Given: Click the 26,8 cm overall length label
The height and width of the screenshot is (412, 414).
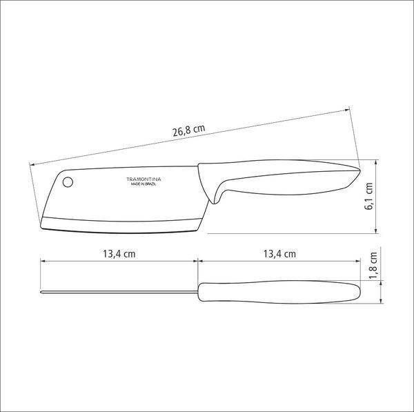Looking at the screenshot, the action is point(189,130).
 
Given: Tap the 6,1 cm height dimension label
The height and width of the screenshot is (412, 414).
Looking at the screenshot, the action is point(368,196).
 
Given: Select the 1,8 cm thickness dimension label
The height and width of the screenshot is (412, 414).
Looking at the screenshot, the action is point(373,265).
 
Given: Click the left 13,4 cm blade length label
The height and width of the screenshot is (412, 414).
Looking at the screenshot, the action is point(119,254).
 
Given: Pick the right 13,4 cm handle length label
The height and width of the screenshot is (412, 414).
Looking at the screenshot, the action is point(279,254).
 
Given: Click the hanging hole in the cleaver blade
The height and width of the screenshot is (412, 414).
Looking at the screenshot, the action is point(68,182).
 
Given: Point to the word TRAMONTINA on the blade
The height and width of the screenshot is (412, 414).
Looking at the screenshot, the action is point(144,179).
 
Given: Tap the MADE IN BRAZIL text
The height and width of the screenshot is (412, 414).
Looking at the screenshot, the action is point(144,184).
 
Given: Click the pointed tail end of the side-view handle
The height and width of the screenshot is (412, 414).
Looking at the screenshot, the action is point(359,169).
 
